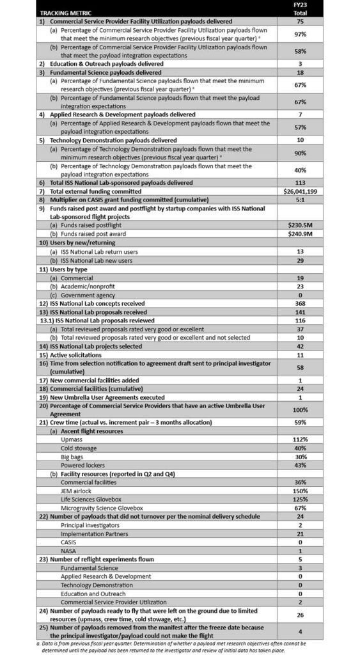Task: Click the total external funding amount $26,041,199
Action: [300, 191]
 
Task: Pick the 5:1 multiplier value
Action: [300, 199]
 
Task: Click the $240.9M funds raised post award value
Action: [300, 233]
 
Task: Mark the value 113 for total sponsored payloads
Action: [300, 182]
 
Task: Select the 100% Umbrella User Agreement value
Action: [300, 409]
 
